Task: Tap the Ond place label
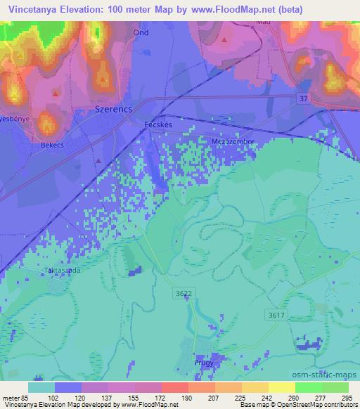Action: point(139,33)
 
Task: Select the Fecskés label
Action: point(157,124)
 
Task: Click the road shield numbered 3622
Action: point(181,292)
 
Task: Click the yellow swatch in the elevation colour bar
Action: point(281,387)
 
